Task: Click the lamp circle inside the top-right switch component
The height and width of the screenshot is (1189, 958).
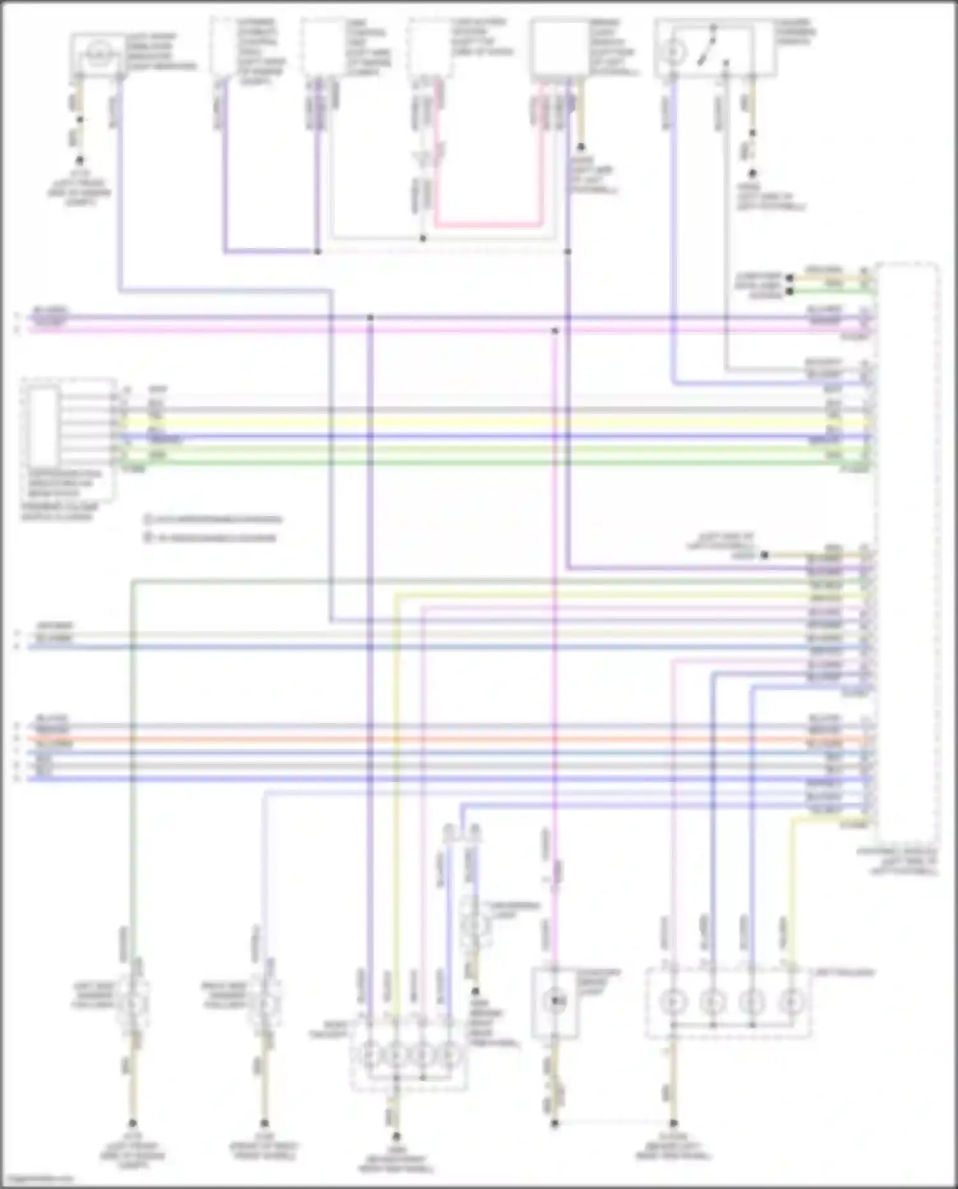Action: point(673,51)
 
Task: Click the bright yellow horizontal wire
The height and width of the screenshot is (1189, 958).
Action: point(447,422)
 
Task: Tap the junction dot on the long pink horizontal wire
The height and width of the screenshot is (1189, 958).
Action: point(554,330)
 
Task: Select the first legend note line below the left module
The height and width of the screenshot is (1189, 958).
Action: point(213,519)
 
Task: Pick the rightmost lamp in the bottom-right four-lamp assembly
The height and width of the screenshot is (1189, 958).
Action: point(791,1002)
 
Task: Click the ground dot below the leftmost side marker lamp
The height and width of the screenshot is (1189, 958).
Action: point(133,1123)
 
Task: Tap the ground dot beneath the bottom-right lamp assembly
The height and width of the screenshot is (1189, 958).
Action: point(673,1123)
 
